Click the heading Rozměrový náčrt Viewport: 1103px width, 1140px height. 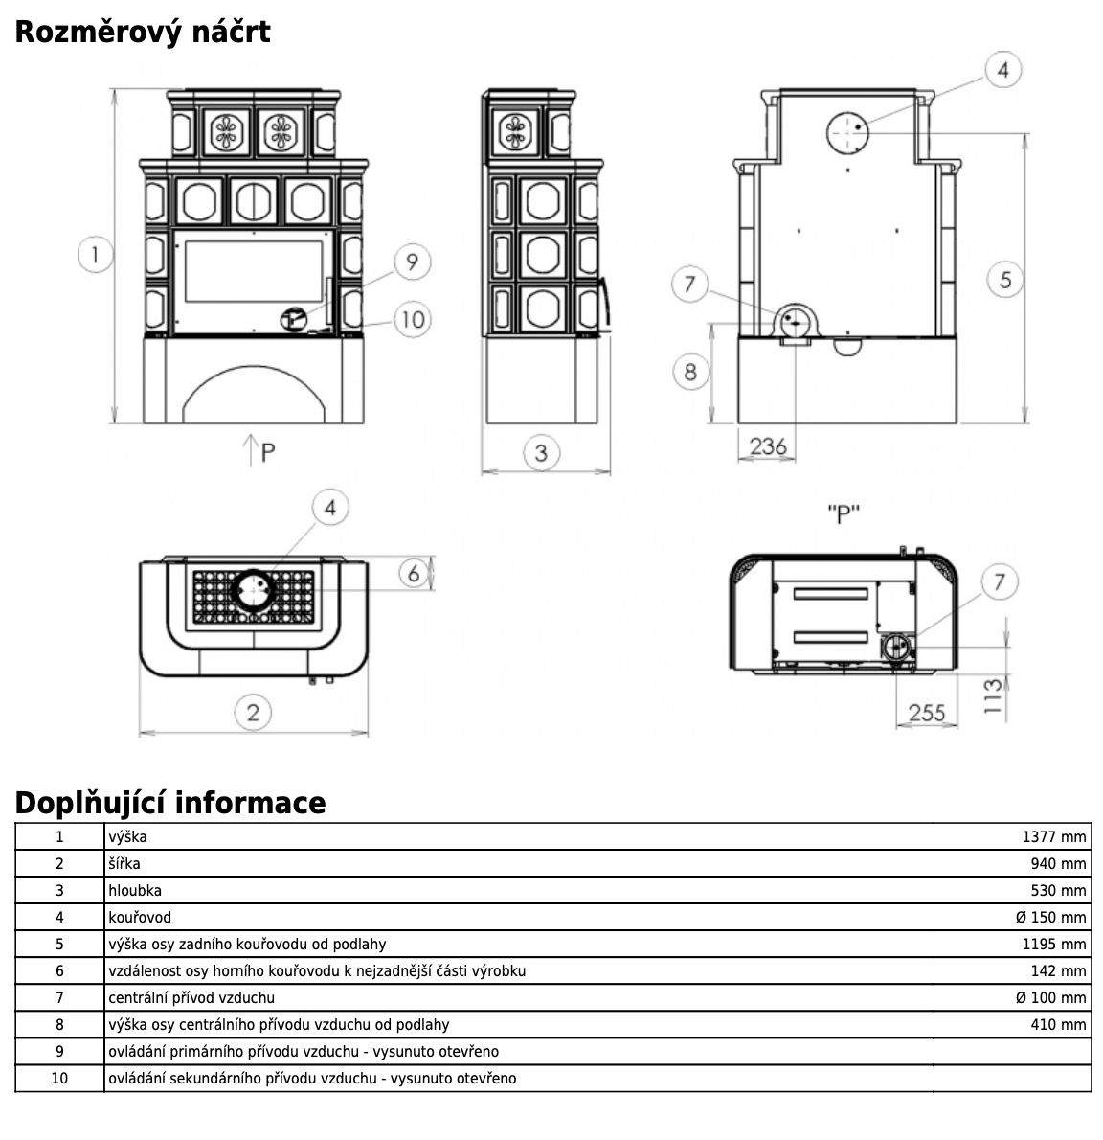(x=143, y=32)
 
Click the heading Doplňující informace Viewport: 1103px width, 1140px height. (x=170, y=802)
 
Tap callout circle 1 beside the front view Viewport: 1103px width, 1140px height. (x=95, y=255)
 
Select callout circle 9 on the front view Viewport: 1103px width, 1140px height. (x=412, y=262)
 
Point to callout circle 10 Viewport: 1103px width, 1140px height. (x=412, y=318)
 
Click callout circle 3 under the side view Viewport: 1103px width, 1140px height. (x=541, y=452)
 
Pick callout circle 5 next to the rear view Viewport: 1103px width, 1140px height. (x=1004, y=280)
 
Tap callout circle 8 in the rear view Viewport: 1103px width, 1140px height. (x=690, y=371)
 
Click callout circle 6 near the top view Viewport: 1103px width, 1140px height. (x=414, y=573)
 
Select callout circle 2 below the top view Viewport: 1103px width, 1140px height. (x=253, y=712)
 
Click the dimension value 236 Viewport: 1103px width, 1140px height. (x=768, y=445)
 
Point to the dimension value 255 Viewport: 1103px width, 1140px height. (x=926, y=712)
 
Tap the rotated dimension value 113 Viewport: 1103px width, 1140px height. (x=992, y=696)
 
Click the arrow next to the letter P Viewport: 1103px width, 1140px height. (x=248, y=449)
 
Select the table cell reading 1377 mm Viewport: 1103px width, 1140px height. (x=1053, y=836)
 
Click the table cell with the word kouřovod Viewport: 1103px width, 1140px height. (x=140, y=917)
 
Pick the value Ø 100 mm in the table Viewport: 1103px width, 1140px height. (x=1050, y=997)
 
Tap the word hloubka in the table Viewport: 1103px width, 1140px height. (x=135, y=890)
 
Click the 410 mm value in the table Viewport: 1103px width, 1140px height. (x=1057, y=1024)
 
